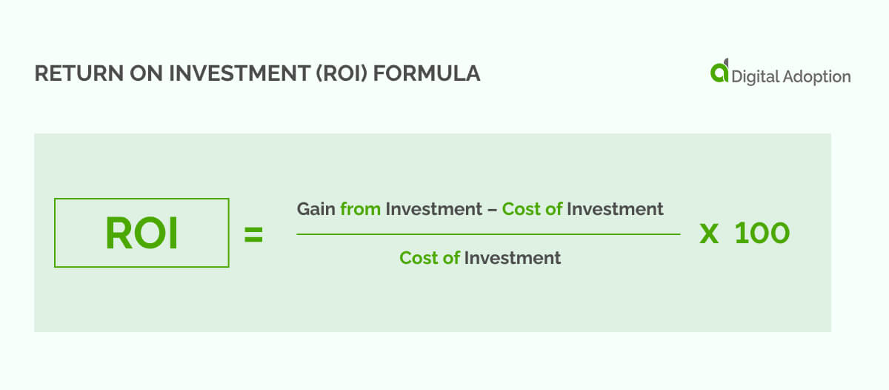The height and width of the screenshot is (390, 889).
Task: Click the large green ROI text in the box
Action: point(141,233)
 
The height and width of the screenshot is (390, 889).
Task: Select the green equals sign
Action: point(253,235)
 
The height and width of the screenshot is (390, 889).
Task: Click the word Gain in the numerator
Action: point(316,209)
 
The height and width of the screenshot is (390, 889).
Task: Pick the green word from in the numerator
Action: point(360,209)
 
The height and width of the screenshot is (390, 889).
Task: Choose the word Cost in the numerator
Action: point(521,209)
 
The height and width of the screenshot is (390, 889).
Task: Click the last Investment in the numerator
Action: point(615,209)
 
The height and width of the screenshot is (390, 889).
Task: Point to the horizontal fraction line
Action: point(488,234)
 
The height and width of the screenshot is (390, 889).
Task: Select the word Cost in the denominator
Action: point(419,258)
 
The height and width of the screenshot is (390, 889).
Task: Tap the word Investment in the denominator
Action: point(513,258)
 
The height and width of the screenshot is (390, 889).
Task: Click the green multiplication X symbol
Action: point(709,234)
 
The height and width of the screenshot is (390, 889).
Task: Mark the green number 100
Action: point(762,234)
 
